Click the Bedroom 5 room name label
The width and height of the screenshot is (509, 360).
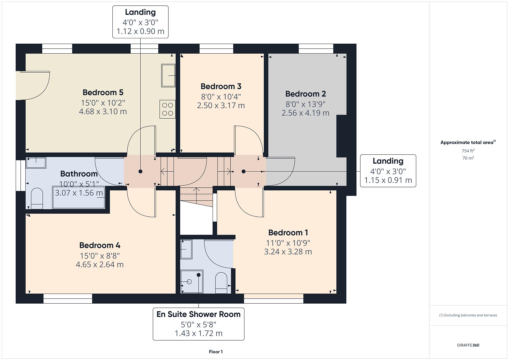tap(103, 92)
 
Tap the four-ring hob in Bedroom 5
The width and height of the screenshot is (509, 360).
tap(167, 109)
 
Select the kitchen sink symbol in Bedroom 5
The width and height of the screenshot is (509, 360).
tap(168, 76)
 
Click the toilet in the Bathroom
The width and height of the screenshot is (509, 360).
tap(37, 199)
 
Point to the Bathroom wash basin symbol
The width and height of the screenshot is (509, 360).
tap(36, 163)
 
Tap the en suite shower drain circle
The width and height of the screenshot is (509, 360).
tap(189, 282)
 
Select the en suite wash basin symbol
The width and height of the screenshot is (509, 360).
tap(186, 249)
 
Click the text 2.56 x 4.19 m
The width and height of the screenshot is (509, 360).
tap(305, 113)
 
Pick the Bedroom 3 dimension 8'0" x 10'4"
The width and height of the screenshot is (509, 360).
tap(221, 97)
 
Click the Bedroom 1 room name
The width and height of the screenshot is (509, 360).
tap(288, 232)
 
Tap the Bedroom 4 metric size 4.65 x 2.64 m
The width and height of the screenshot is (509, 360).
tap(100, 265)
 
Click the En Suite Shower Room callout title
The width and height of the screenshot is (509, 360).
tap(198, 314)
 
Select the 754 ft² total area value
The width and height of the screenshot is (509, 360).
tap(468, 151)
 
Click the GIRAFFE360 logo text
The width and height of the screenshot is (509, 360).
tap(468, 345)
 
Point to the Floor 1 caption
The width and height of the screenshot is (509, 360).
tap(216, 352)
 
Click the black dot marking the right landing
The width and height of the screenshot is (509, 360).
tap(243, 171)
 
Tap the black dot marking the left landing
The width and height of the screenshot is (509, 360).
tap(140, 171)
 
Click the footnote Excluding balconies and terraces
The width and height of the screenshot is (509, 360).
tap(468, 315)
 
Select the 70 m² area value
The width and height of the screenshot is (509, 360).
tap(468, 158)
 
